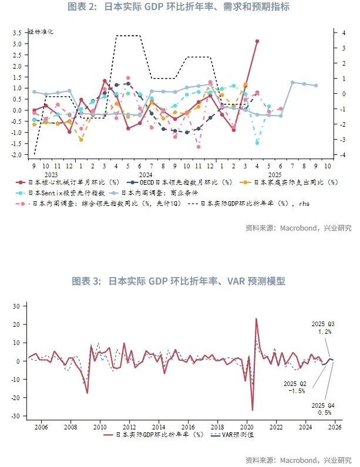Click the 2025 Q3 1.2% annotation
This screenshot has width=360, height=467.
[322, 327]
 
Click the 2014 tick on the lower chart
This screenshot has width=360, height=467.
[158, 427]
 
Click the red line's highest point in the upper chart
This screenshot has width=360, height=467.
[257, 41]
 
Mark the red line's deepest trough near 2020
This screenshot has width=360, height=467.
[253, 410]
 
